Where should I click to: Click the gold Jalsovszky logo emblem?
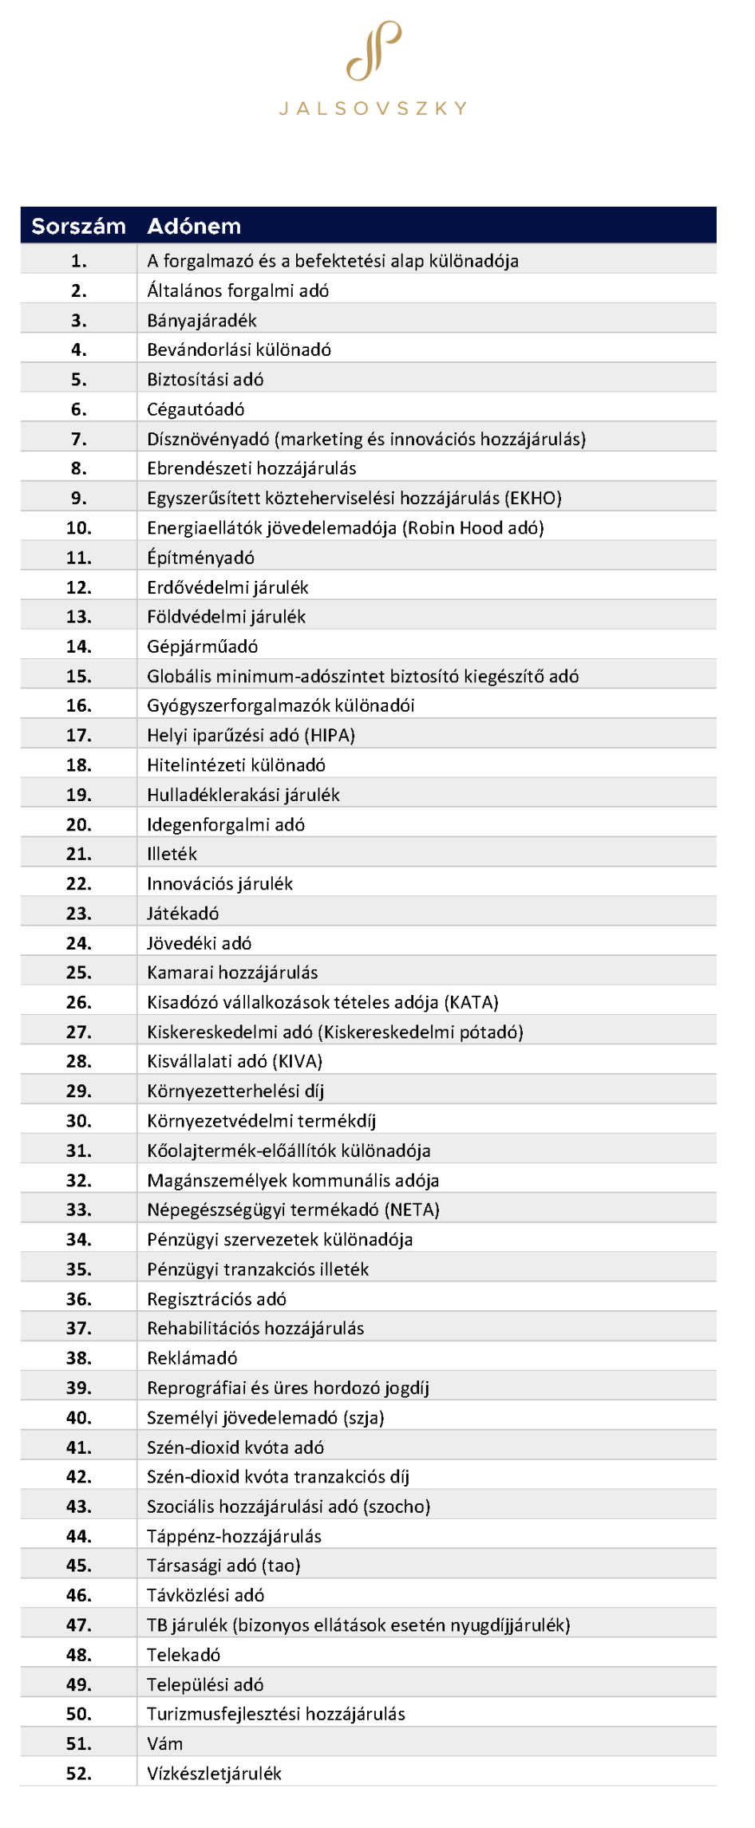(x=374, y=51)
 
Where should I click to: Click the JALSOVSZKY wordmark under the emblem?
(x=374, y=109)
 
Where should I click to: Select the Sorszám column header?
(x=78, y=227)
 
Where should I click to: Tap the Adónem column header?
(x=194, y=227)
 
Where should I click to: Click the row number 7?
(x=78, y=439)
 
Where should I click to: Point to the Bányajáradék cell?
(x=202, y=321)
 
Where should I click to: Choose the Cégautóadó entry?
(x=196, y=409)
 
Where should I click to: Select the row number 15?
(x=78, y=676)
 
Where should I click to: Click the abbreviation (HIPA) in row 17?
(x=330, y=735)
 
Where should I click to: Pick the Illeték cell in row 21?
(x=172, y=854)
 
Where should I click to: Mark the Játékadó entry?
(x=183, y=913)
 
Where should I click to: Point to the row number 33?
(x=78, y=1210)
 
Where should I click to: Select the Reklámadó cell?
(x=192, y=1358)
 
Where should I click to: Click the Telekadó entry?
(x=184, y=1655)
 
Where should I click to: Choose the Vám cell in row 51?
(x=164, y=1743)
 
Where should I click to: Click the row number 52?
(x=78, y=1774)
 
